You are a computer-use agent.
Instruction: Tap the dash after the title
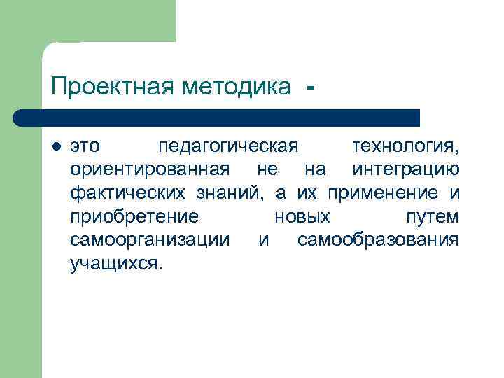(310, 88)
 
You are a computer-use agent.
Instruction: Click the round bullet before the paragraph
(57, 147)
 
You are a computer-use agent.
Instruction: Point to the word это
(85, 146)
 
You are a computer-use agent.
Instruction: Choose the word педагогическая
(228, 146)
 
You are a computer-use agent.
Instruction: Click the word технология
(405, 146)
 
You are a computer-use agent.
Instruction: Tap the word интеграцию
(405, 169)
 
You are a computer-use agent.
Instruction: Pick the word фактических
(128, 192)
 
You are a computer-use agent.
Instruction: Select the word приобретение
(134, 216)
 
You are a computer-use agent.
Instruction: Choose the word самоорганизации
(150, 239)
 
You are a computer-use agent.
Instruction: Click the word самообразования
(378, 239)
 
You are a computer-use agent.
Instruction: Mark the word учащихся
(115, 263)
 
